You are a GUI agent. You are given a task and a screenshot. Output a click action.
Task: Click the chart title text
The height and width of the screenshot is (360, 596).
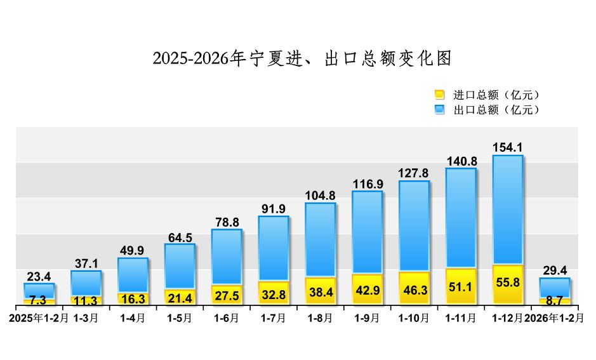click(302, 58)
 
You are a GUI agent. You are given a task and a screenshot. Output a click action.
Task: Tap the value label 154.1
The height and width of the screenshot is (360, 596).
click(507, 147)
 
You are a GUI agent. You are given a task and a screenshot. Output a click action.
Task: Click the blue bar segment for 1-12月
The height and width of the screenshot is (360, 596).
click(507, 210)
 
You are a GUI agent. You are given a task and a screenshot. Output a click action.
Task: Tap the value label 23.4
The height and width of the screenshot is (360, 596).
click(39, 276)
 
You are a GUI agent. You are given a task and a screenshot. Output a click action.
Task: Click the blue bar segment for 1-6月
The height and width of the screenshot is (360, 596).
click(227, 257)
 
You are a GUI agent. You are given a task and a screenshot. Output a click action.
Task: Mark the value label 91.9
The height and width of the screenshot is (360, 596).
click(274, 208)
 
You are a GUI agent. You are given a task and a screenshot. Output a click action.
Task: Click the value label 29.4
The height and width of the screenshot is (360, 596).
click(554, 270)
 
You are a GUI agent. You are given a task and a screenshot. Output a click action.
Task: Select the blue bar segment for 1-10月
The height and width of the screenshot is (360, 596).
click(414, 226)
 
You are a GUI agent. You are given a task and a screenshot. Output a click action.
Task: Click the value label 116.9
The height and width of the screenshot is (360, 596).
click(368, 184)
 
